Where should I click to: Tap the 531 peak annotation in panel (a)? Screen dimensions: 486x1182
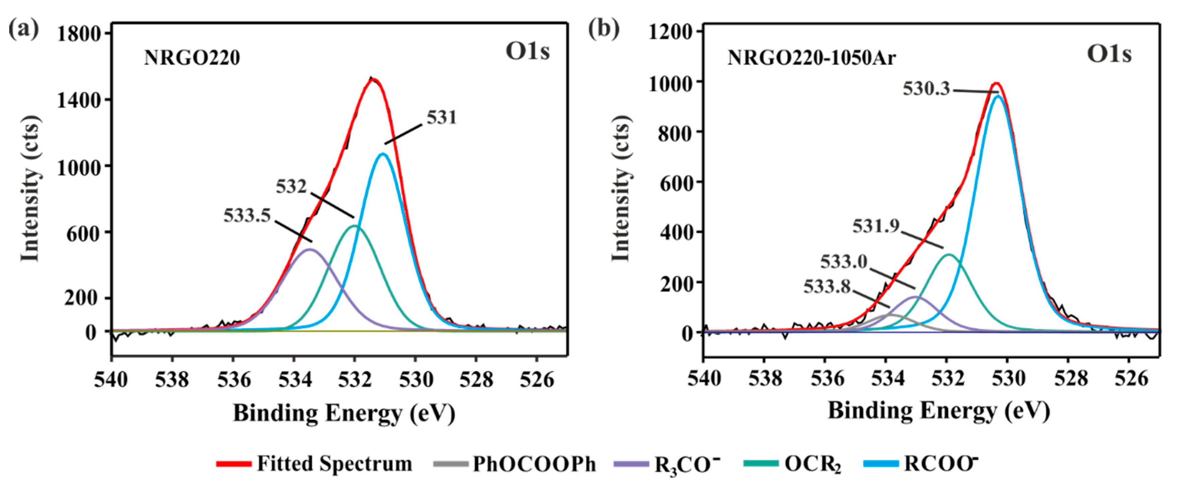pos(441,118)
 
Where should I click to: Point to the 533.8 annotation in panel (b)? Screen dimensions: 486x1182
pos(827,287)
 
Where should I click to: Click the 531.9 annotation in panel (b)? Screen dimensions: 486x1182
pos(876,226)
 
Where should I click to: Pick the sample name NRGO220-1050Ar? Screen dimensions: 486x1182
pos(811,59)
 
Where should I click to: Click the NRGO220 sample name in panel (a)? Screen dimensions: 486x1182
pos(192,58)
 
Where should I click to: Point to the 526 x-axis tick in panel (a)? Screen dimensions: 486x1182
pos(537,380)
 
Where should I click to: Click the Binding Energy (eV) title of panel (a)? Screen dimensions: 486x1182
pos(344,413)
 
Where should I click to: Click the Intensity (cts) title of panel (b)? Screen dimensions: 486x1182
pos(621,188)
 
